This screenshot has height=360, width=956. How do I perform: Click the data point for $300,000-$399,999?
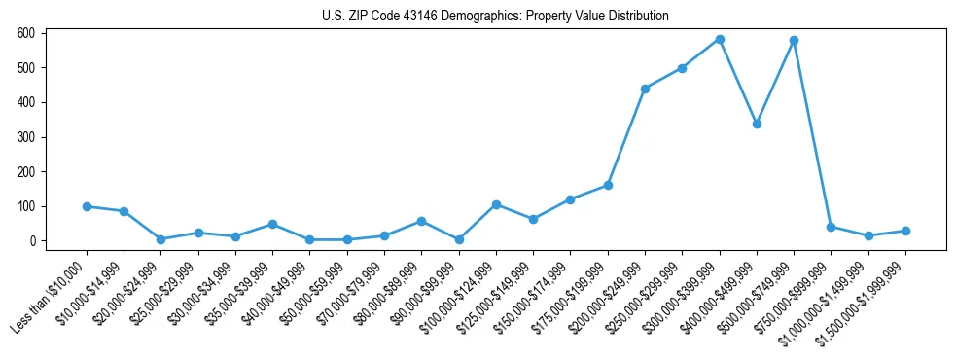(x=720, y=40)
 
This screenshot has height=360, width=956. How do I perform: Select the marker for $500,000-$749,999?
(x=795, y=41)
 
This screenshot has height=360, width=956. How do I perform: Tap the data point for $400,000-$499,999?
(x=757, y=124)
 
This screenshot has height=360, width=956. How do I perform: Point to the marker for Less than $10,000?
(x=87, y=206)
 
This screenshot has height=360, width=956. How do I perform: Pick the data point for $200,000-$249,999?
(x=645, y=89)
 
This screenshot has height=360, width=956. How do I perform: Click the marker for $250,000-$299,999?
(x=683, y=68)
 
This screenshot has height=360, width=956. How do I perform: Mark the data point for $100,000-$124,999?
(x=496, y=204)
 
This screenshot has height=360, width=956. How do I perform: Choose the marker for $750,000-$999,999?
(x=832, y=227)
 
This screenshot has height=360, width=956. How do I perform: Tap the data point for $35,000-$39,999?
(x=272, y=224)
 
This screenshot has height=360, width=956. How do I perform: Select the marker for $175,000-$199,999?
(x=608, y=185)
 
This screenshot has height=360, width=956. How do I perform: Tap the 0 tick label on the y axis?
(x=32, y=241)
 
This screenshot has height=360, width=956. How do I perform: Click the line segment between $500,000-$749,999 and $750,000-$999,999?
(x=813, y=134)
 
